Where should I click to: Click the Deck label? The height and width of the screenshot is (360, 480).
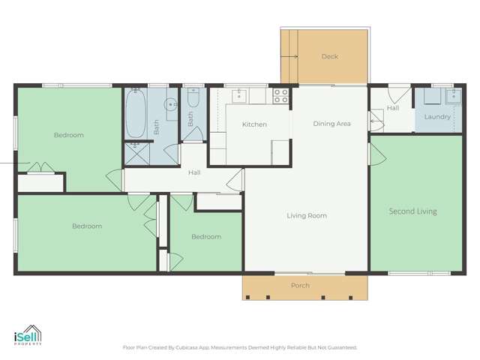pos(330,56)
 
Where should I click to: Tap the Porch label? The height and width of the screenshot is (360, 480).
pos(300,285)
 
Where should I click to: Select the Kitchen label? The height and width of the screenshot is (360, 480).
pos(254,124)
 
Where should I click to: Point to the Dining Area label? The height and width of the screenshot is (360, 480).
pos(331,124)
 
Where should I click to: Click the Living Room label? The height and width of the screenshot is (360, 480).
pos(307,215)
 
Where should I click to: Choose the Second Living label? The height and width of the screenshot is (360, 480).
pos(413,211)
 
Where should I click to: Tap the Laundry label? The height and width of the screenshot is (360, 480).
pos(437,117)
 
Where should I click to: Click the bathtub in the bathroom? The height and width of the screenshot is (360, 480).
pos(136,113)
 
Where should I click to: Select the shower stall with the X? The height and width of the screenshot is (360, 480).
pos(136,154)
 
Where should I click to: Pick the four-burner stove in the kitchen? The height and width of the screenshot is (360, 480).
pos(281,96)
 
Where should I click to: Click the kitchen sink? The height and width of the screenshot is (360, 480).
pos(239,96)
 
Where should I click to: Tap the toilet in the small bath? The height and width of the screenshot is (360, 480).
pos(193,97)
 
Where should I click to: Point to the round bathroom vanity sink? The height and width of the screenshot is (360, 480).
pos(170,105)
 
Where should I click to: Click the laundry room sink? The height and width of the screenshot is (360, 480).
pos(454,97)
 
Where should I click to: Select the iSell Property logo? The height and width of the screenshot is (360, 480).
pos(28,335)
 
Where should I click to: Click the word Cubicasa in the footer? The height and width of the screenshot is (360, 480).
pos(187,348)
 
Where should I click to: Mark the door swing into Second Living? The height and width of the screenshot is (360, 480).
pos(378,154)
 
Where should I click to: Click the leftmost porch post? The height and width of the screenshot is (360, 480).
pos(247,297)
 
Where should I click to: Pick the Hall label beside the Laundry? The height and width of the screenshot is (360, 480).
pos(393,108)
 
